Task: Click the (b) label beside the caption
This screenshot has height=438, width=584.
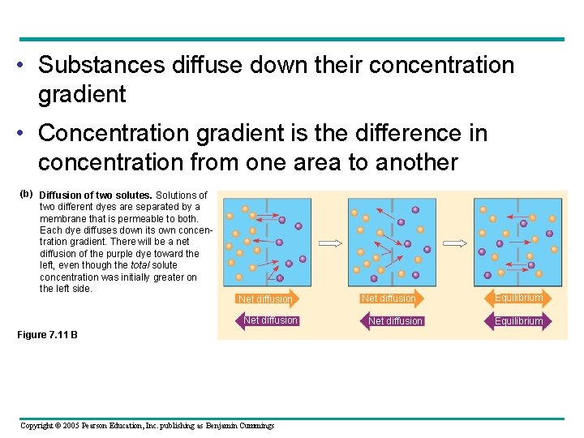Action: click(26, 194)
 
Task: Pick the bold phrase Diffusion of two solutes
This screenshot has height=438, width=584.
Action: click(96, 195)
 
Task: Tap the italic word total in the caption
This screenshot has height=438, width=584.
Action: click(142, 265)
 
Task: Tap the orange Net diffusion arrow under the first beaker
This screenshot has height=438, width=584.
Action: click(264, 299)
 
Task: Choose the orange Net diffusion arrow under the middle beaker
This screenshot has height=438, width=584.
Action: click(389, 298)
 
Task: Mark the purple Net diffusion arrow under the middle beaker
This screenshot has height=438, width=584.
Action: click(394, 321)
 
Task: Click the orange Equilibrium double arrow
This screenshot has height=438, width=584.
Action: click(519, 298)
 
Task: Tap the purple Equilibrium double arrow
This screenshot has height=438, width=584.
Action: click(519, 321)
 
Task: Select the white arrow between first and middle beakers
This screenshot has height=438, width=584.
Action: click(330, 243)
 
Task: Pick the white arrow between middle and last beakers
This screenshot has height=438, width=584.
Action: click(454, 243)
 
